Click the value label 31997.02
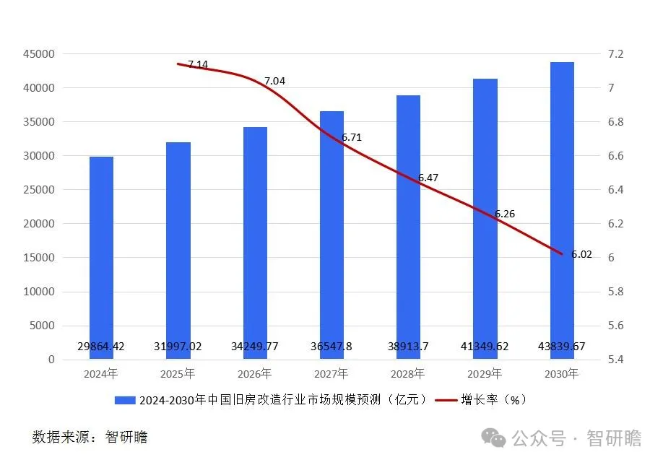[x=178, y=347]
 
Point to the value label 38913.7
[x=408, y=347]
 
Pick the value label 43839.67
[x=562, y=347]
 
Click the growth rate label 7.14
[x=197, y=64]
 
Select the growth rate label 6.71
[x=352, y=137]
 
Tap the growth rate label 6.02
[x=581, y=254]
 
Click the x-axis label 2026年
[x=254, y=374]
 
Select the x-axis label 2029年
[x=485, y=374]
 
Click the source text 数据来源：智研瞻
[x=90, y=438]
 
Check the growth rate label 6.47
[x=428, y=178]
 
